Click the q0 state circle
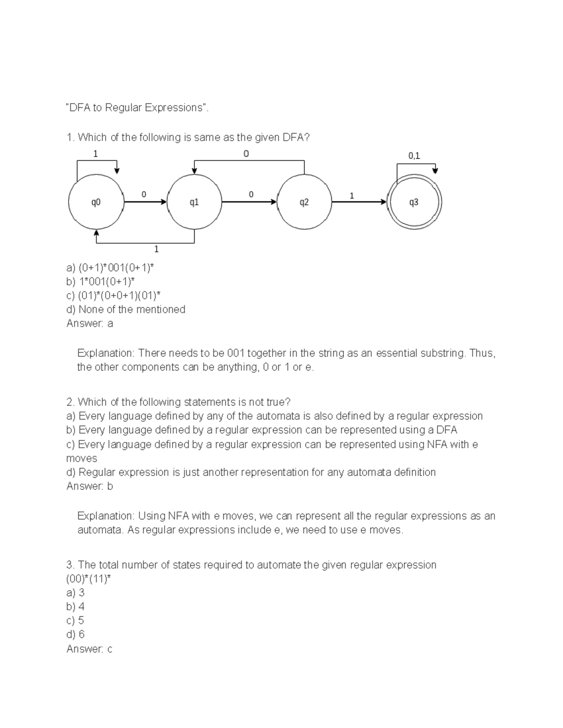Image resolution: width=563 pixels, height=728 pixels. [96, 202]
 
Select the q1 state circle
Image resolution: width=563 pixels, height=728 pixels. [194, 202]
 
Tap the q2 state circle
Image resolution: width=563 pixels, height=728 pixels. [304, 202]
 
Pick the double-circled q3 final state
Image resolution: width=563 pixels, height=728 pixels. [414, 202]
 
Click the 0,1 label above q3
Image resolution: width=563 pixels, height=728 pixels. [414, 156]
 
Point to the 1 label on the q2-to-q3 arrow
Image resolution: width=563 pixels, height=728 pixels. [351, 196]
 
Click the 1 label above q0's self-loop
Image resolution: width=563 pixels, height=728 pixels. [96, 154]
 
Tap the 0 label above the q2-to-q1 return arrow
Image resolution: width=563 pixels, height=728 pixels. [246, 154]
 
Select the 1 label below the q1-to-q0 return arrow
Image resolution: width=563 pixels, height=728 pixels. [156, 249]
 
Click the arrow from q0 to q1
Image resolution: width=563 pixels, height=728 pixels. [145, 202]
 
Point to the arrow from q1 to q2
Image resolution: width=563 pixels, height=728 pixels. [249, 202]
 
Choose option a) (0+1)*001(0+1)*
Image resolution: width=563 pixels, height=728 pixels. [110, 268]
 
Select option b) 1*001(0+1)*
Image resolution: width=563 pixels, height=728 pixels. [100, 282]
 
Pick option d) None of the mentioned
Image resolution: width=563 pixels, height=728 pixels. [126, 309]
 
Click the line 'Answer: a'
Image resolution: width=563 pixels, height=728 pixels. [90, 323]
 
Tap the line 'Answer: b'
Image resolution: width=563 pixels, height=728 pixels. [90, 486]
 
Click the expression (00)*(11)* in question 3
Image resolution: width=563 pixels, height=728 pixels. [89, 579]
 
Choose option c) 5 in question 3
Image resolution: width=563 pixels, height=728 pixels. [75, 621]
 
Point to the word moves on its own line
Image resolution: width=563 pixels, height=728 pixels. [82, 458]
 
